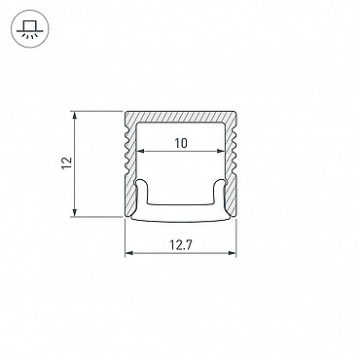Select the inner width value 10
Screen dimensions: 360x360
click(x=181, y=143)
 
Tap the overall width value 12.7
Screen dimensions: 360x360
click(x=181, y=245)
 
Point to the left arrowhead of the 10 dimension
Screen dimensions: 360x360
click(x=140, y=151)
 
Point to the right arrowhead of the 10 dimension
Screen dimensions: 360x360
click(x=221, y=151)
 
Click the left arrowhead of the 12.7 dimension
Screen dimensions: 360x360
click(x=129, y=253)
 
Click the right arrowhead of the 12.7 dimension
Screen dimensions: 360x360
click(x=233, y=253)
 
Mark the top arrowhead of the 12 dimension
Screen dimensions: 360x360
click(x=75, y=116)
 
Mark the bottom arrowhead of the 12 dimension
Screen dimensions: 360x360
click(x=75, y=212)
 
